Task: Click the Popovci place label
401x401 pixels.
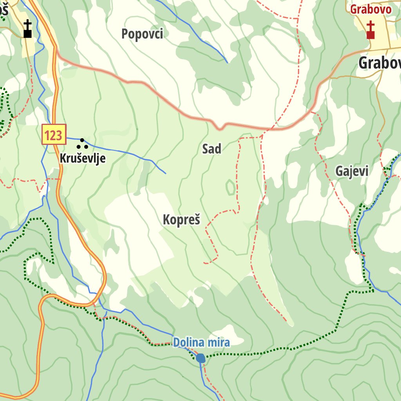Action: pyautogui.click(x=142, y=34)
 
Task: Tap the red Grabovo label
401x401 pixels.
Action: pyautogui.click(x=370, y=9)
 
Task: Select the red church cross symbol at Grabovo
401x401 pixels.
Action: pyautogui.click(x=370, y=31)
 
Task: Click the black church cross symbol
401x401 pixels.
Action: pyautogui.click(x=27, y=30)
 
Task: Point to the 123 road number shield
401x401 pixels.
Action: pyautogui.click(x=54, y=134)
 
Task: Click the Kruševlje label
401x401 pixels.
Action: pyautogui.click(x=83, y=159)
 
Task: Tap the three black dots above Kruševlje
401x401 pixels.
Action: pyautogui.click(x=82, y=144)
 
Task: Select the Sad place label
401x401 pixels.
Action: pyautogui.click(x=211, y=149)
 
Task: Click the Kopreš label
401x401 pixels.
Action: pyautogui.click(x=181, y=220)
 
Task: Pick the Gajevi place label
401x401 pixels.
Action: pyautogui.click(x=352, y=171)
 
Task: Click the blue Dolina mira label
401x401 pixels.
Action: pyautogui.click(x=201, y=343)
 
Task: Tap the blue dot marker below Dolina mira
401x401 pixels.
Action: pyautogui.click(x=200, y=358)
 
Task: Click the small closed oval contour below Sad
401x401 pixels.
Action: pyautogui.click(x=231, y=188)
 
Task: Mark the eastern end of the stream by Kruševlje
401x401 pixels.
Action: pyautogui.click(x=166, y=173)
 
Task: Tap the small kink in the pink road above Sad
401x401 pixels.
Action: pyautogui.click(x=220, y=128)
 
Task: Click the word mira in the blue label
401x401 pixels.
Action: pyautogui.click(x=218, y=343)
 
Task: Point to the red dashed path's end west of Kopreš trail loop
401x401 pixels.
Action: pyautogui.click(x=204, y=263)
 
